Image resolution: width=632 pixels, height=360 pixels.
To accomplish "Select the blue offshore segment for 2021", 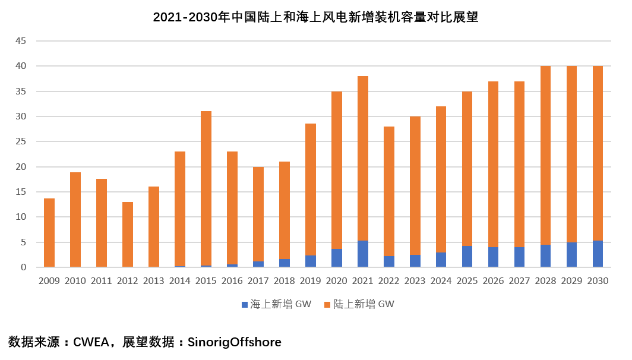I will pyautogui.click(x=363, y=254).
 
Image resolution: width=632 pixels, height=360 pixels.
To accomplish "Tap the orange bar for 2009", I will pyautogui.click(x=49, y=233).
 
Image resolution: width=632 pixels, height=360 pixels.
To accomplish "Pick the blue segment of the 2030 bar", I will pyautogui.click(x=598, y=254).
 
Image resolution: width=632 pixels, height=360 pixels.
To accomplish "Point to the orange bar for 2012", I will pyautogui.click(x=128, y=235).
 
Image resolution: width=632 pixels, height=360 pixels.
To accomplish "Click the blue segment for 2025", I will pyautogui.click(x=467, y=256).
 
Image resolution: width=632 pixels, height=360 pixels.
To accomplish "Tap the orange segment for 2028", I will pyautogui.click(x=546, y=155).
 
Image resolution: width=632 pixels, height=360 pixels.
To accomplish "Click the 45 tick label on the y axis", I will pyautogui.click(x=21, y=41).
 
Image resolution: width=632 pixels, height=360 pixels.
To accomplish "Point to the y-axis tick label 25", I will pyautogui.click(x=21, y=142).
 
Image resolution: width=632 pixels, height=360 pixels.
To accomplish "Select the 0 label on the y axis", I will pyautogui.click(x=24, y=267).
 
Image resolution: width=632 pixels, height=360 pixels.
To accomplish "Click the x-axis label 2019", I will pyautogui.click(x=311, y=281).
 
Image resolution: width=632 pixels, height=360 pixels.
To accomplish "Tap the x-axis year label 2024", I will pyautogui.click(x=441, y=281).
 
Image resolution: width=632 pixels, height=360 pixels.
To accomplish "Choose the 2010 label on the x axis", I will pyautogui.click(x=75, y=281).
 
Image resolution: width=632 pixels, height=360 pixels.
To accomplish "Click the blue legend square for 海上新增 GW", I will pyautogui.click(x=244, y=305).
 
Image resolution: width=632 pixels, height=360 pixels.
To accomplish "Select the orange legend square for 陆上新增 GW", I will pyautogui.click(x=326, y=305).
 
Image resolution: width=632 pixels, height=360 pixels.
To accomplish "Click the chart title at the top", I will pyautogui.click(x=315, y=17).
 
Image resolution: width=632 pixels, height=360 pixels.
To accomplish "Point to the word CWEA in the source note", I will pyautogui.click(x=91, y=342).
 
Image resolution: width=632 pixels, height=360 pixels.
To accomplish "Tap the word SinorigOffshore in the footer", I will pyautogui.click(x=234, y=342).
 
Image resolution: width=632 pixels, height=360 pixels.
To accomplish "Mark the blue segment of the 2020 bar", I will pyautogui.click(x=337, y=258).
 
